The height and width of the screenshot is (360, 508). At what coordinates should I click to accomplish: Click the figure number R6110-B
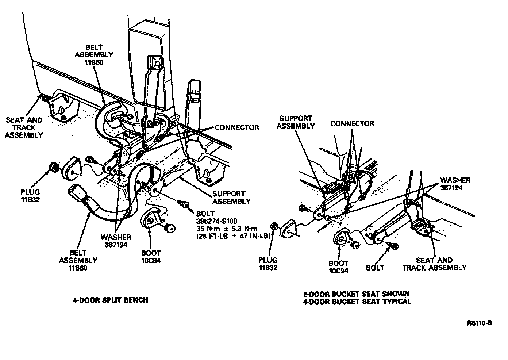pos(479,323)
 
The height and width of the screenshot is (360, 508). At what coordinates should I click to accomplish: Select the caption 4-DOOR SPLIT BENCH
pos(110,300)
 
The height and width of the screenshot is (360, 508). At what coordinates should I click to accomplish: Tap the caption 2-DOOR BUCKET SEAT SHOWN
pos(356,294)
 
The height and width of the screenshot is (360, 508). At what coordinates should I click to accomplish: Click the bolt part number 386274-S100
pos(216,221)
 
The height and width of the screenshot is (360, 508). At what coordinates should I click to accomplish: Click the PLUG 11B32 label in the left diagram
pos(30,195)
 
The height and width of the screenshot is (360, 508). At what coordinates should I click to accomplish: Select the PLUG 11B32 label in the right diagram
pos(268,264)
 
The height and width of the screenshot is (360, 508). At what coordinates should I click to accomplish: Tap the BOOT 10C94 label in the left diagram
pos(151,257)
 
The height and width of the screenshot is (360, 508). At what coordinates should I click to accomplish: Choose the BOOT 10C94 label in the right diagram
pos(339,267)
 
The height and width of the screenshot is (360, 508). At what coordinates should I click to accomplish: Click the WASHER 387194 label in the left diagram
pos(116,241)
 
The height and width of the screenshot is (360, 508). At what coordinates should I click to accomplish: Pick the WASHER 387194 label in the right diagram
pos(455,184)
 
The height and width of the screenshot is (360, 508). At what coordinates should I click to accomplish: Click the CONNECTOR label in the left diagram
pos(237,127)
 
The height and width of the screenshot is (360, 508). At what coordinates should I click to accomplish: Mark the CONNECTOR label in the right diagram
pos(352,123)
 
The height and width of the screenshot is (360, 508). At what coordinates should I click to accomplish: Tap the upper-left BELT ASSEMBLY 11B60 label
pos(94,55)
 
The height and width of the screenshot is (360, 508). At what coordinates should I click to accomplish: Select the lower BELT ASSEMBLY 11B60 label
pos(78,260)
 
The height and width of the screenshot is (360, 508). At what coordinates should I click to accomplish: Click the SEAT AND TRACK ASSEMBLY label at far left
pos(24,127)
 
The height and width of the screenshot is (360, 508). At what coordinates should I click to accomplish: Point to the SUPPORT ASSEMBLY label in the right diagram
pos(296,122)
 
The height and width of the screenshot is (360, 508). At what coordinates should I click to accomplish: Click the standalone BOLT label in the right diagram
pos(375,268)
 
